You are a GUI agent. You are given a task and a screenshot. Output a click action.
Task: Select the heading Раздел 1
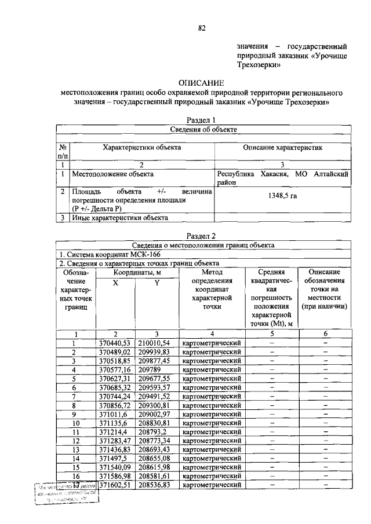(x=201, y=119)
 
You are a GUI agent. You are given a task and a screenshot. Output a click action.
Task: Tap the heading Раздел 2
(x=201, y=236)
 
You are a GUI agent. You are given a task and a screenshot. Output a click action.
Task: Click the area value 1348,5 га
(x=282, y=196)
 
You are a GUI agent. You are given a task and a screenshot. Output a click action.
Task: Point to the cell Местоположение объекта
(x=112, y=173)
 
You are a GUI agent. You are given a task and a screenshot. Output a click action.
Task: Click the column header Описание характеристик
(x=282, y=148)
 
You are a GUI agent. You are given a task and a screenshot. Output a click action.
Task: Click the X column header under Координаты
(x=115, y=282)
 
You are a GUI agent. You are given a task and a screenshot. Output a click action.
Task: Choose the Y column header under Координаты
(x=157, y=282)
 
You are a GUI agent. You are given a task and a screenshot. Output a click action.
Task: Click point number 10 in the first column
(x=75, y=423)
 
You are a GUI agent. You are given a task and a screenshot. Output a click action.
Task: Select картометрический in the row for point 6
(x=212, y=387)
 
